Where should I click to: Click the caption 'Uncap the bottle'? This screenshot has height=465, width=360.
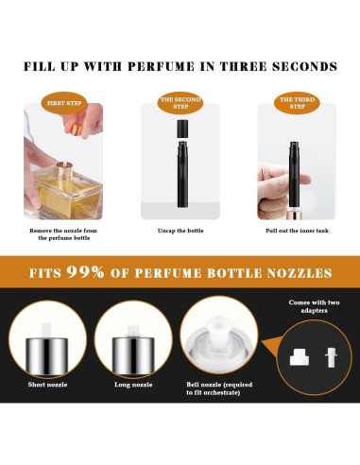pos(180,230)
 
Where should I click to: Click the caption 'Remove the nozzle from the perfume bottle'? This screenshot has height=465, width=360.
pos(62,233)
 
